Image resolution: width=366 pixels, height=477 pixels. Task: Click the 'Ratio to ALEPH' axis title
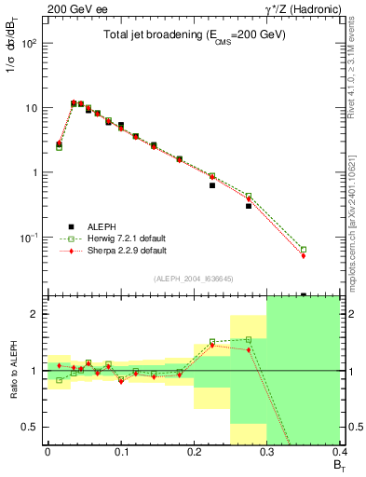13,369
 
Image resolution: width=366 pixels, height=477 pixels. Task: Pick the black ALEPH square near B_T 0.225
212,185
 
